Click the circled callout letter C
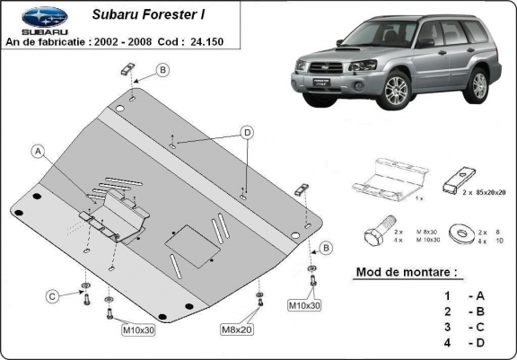point(53,296)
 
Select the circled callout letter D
point(245,133)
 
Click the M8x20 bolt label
point(237,331)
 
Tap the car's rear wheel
point(478,83)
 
